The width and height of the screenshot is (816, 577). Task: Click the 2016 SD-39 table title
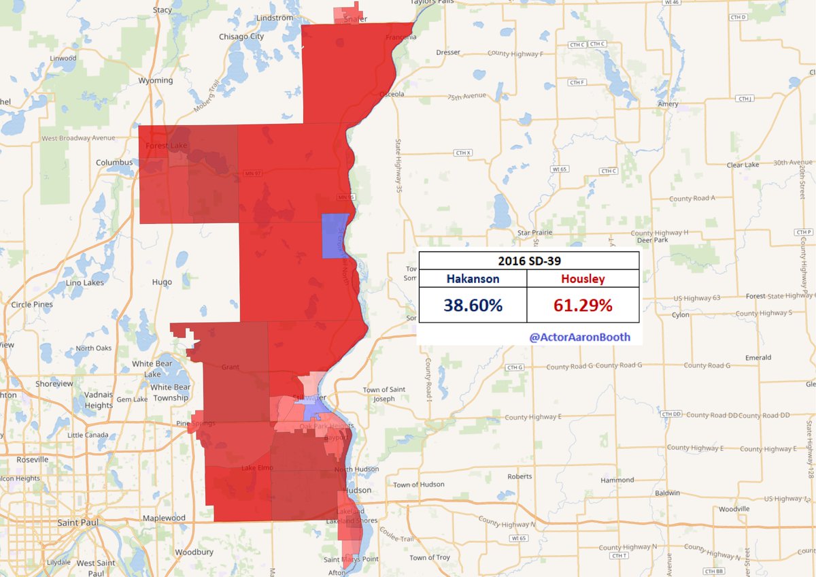[528, 261]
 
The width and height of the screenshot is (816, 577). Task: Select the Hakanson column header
[473, 278]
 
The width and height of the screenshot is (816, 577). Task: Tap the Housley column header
[583, 278]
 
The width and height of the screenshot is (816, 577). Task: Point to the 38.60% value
[473, 305]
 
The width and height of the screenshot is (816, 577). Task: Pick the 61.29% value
[583, 305]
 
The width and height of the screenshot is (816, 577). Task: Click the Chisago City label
[241, 37]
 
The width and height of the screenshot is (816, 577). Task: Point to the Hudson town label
[358, 490]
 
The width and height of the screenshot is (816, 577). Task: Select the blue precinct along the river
[334, 235]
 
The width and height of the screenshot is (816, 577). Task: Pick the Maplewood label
[164, 518]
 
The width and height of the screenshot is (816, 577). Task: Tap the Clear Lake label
[743, 165]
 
